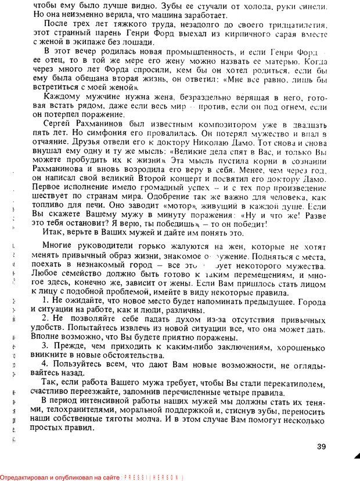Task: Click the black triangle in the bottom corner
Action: (356, 455)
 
